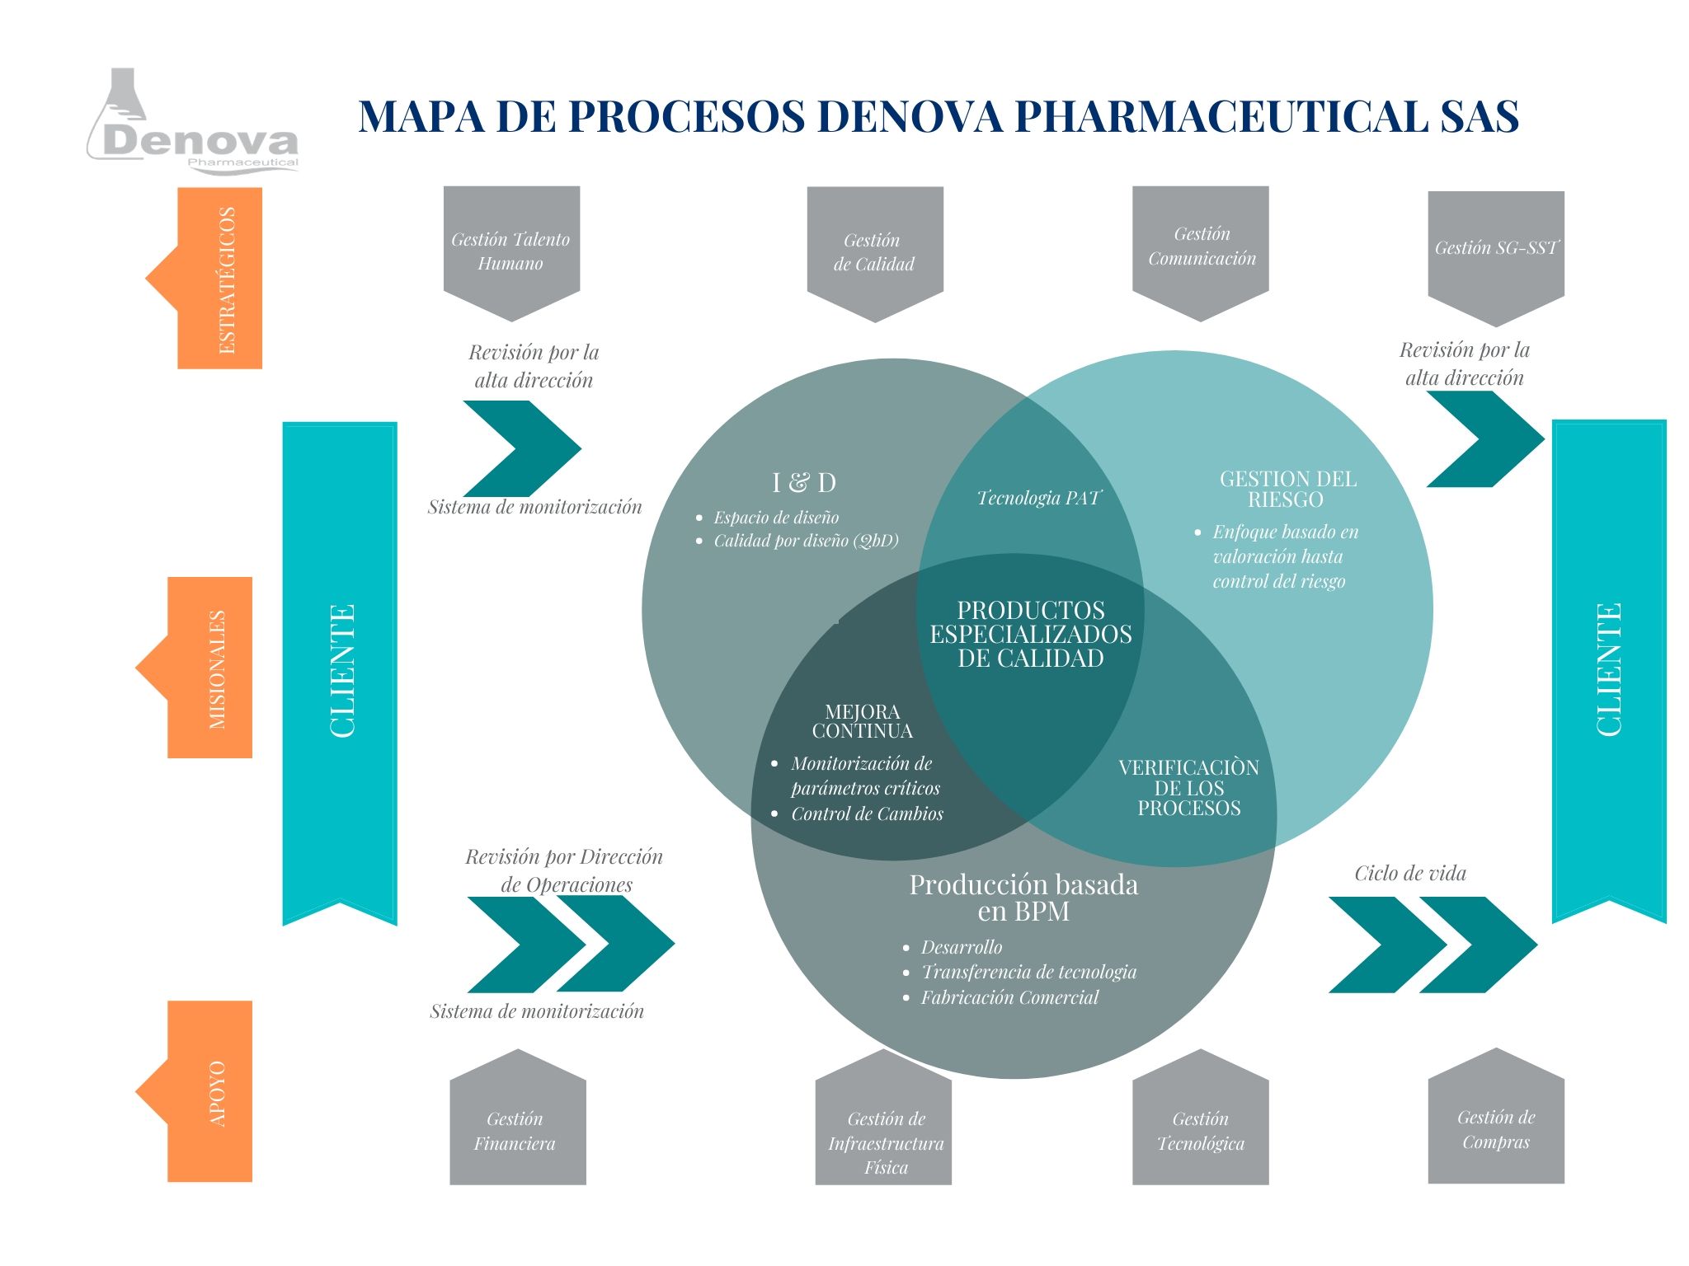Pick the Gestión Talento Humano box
(511, 251)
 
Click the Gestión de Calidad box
(874, 251)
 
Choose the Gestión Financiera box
(516, 1130)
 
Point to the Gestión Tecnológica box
(1201, 1130)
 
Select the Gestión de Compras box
(1496, 1128)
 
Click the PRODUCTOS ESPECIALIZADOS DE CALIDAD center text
(1031, 634)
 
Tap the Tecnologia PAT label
(1038, 498)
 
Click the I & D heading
(803, 482)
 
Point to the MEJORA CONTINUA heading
(863, 721)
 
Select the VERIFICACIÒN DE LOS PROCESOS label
(1188, 787)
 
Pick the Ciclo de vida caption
(1410, 873)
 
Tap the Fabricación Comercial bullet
(1009, 997)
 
